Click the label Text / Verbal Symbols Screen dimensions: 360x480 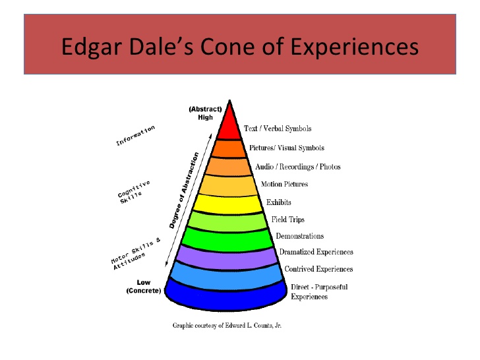(x=277, y=129)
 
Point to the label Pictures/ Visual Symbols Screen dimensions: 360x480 (x=286, y=148)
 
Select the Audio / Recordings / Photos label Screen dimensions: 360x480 (x=297, y=167)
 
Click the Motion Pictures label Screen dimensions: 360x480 (x=284, y=184)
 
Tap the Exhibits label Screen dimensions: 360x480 (x=278, y=202)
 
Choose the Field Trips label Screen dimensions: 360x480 (x=288, y=219)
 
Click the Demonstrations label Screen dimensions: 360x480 (x=299, y=236)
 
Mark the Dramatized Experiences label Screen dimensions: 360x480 (x=316, y=252)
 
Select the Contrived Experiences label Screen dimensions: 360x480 (x=318, y=269)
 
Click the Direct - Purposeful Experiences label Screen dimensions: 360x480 (x=318, y=291)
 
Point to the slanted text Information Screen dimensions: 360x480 (x=135, y=135)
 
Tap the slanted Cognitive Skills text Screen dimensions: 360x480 (x=134, y=191)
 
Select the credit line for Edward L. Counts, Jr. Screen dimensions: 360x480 (x=227, y=325)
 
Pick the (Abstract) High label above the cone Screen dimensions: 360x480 (x=205, y=113)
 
